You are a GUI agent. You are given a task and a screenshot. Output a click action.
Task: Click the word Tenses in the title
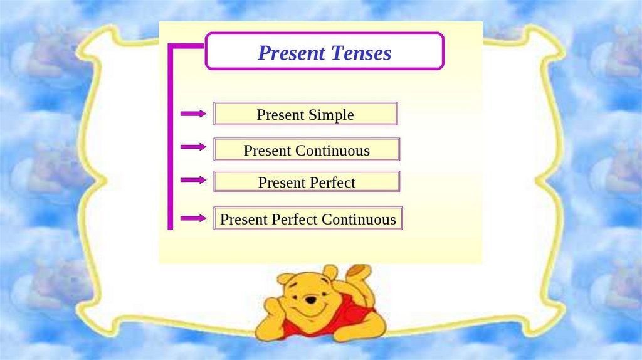tap(361, 53)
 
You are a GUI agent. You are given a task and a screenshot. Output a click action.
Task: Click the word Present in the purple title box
tap(292, 53)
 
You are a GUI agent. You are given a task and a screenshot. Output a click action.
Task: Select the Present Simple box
tap(305, 114)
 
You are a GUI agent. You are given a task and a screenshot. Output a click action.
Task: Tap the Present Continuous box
tap(307, 149)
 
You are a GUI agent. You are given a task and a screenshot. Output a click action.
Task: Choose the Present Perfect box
tap(307, 181)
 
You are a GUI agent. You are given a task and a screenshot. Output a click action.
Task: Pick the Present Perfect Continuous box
tap(308, 218)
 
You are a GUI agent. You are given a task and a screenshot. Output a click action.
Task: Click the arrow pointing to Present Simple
tap(193, 114)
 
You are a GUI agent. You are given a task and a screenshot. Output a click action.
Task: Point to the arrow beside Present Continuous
tap(193, 147)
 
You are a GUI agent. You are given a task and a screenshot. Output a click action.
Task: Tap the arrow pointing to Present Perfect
tap(193, 180)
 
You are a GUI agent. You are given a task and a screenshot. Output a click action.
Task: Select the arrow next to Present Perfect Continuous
tap(193, 218)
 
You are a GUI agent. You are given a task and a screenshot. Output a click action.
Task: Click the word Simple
tap(331, 115)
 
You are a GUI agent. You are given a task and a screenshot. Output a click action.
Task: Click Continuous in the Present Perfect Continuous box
tap(359, 220)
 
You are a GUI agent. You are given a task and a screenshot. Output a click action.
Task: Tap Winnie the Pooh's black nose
tap(311, 300)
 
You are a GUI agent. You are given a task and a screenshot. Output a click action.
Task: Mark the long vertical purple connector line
tap(171, 137)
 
